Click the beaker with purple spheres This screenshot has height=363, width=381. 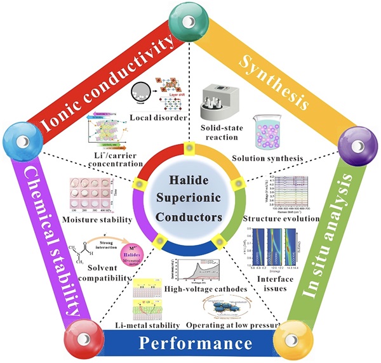271,131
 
